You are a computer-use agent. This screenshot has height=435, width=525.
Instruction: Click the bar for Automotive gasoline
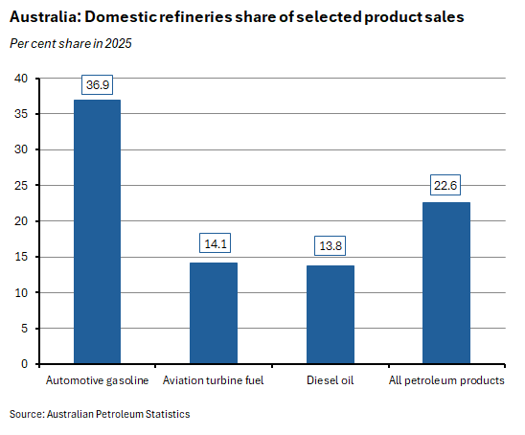(x=98, y=232)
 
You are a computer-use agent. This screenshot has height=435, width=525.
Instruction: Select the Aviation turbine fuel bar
(x=214, y=313)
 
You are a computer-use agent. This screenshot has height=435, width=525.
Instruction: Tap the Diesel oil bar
(x=331, y=314)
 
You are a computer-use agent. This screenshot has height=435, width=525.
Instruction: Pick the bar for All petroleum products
(x=446, y=283)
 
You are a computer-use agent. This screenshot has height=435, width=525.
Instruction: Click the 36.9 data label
(x=98, y=85)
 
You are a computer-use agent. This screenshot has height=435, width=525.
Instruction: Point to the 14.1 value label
(x=214, y=243)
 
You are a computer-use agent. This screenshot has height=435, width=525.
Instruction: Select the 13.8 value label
(x=331, y=246)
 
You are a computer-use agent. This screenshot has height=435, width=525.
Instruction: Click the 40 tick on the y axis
(x=21, y=79)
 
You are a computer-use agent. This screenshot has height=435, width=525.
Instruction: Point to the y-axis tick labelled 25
(x=21, y=186)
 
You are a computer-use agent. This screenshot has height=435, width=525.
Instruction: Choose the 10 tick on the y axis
(x=21, y=293)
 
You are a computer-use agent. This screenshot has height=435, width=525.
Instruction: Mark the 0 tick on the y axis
(x=24, y=364)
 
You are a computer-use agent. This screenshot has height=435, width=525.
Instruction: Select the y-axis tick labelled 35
(x=21, y=114)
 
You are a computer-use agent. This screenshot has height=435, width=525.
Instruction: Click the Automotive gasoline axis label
(x=98, y=380)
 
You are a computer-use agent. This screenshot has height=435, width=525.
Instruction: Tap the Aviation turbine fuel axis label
(x=214, y=380)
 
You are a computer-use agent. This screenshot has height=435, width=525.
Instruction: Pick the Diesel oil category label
(x=331, y=380)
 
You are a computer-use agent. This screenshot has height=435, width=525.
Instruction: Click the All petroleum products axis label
(x=446, y=380)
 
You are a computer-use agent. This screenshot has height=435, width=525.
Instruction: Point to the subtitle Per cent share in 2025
(x=71, y=43)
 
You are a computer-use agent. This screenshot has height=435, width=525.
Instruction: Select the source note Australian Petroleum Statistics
(x=100, y=414)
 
